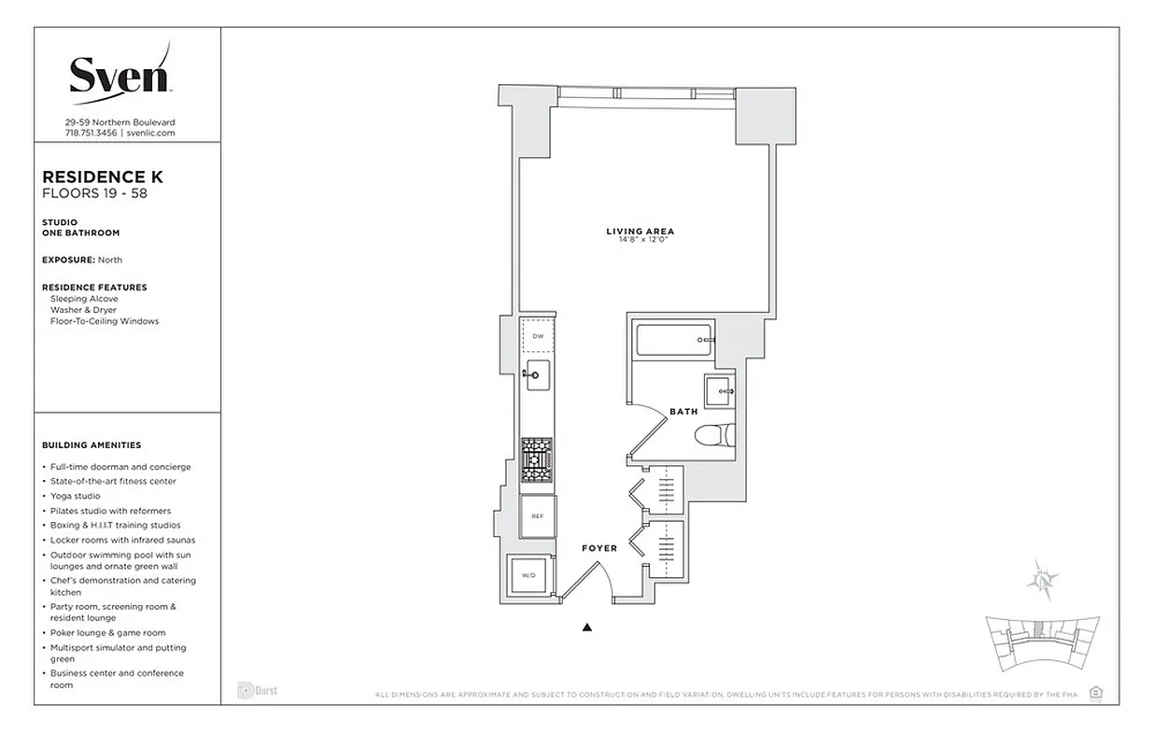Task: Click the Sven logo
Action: (x=120, y=73)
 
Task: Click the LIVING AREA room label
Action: (x=640, y=232)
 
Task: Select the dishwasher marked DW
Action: (x=537, y=336)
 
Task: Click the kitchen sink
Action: (x=537, y=375)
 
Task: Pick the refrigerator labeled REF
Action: (x=537, y=516)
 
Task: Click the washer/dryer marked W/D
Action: (x=527, y=576)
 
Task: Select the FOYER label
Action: (x=598, y=548)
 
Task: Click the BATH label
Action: (x=683, y=411)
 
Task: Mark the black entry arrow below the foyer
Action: (x=587, y=627)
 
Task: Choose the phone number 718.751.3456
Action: (x=91, y=133)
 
